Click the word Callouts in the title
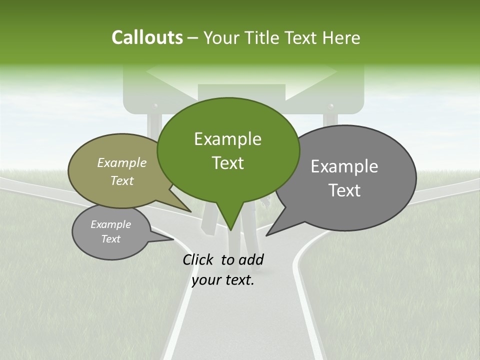147,37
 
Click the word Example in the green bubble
227,139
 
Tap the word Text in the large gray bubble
344,190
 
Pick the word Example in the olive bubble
122,162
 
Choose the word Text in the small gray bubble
111,239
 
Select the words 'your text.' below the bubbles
223,280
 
